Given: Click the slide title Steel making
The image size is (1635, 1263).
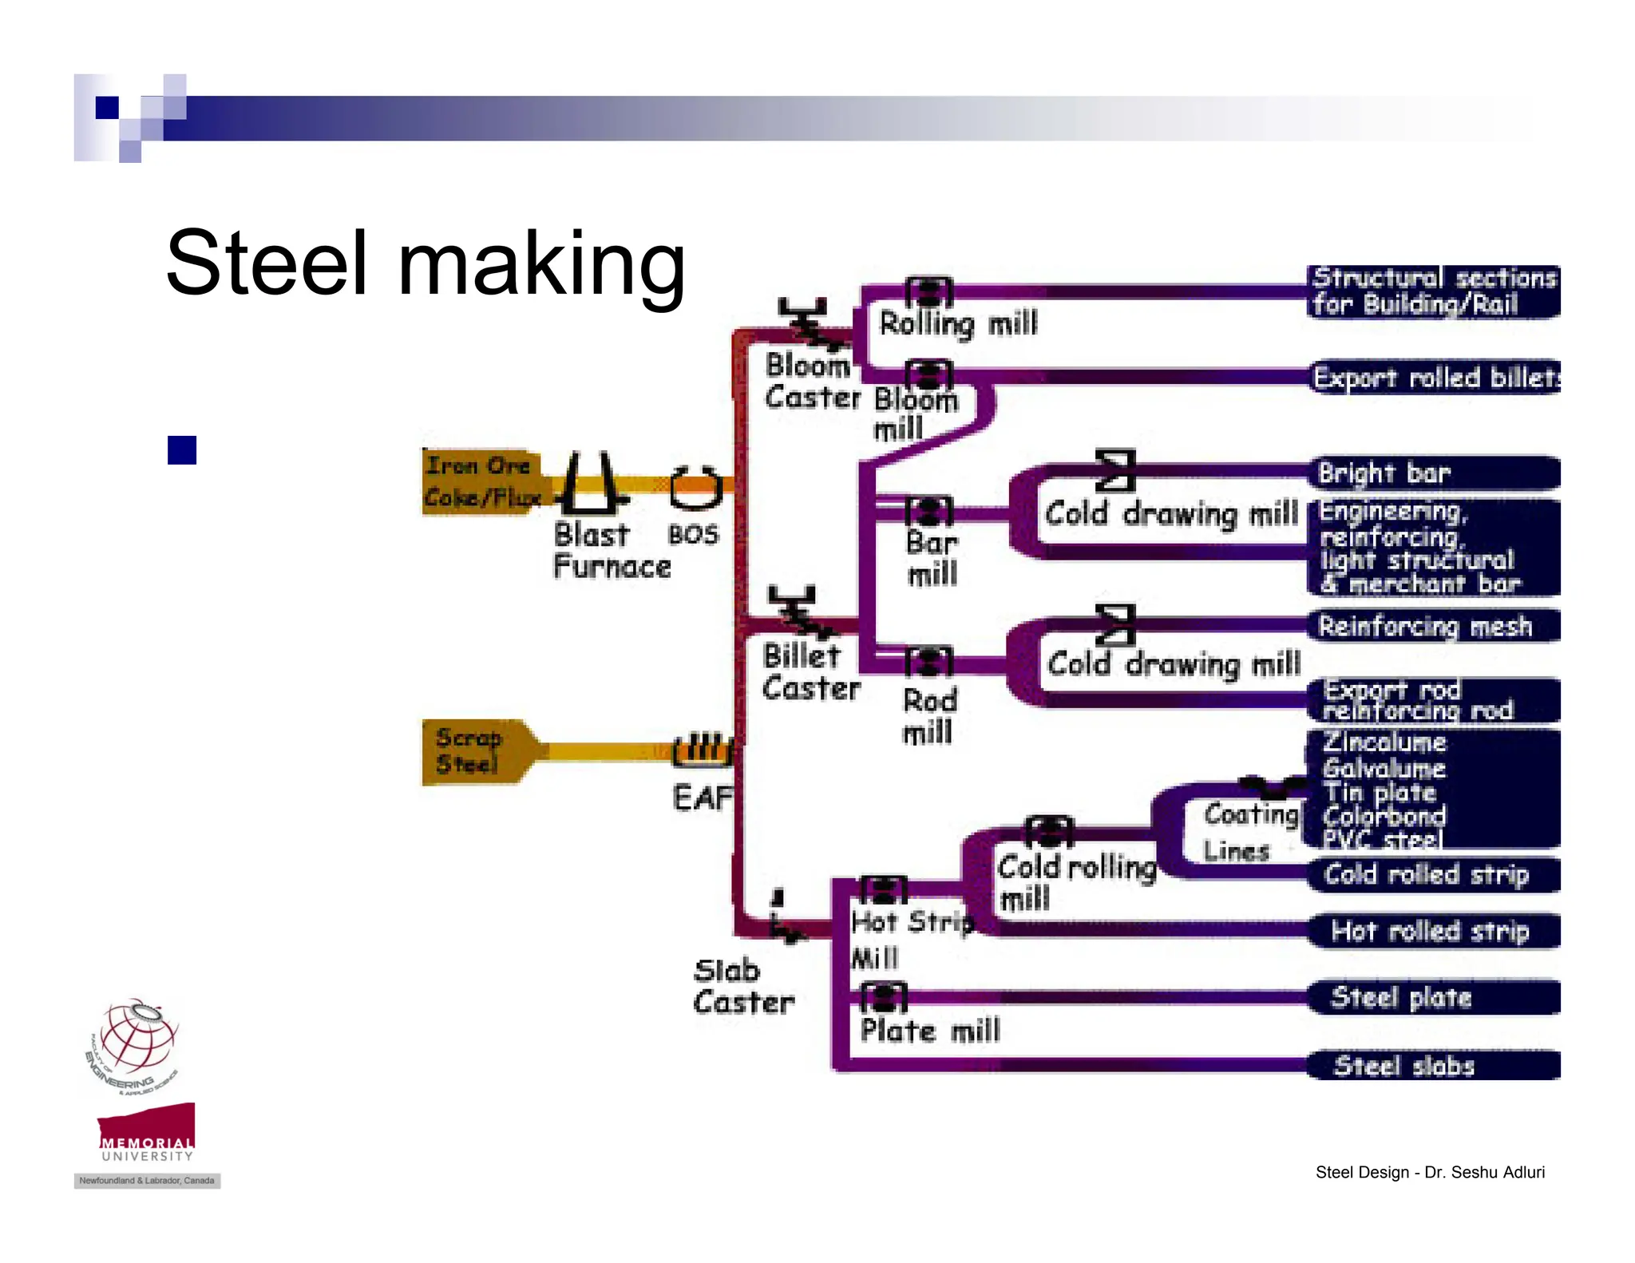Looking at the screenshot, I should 425,263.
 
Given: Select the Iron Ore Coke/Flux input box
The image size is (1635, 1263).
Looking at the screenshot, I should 481,481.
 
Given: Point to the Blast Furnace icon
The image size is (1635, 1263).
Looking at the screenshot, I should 591,484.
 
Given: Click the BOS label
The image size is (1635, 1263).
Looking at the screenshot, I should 693,534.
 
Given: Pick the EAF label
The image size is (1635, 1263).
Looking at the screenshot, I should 702,797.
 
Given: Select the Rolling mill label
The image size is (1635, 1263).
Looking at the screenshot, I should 958,323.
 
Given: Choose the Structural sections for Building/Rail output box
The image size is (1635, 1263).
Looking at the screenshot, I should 1434,291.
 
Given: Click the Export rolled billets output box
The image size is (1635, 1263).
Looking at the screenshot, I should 1435,377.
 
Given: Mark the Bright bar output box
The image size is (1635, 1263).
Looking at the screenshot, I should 1434,473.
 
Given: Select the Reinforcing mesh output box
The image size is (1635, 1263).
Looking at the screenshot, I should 1434,626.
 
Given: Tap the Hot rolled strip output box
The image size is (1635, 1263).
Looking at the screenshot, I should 1434,931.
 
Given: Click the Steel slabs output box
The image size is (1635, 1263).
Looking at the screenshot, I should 1434,1066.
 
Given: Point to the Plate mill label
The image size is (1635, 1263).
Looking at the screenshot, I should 929,1031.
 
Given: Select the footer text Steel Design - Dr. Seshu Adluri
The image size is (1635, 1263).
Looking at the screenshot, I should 1429,1172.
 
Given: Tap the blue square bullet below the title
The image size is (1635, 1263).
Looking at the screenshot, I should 182,450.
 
